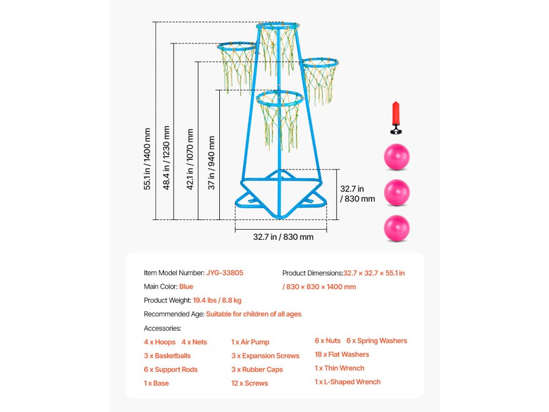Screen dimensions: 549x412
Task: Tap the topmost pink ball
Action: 396,157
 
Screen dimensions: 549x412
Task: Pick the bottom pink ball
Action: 396,228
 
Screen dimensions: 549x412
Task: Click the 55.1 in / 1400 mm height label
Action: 147,158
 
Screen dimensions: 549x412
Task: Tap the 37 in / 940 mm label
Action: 212,163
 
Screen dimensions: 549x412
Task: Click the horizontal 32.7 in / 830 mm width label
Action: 283,237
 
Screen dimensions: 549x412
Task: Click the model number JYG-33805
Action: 225,273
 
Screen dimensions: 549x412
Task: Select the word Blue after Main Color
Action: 186,286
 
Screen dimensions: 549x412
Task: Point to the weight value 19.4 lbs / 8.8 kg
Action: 217,300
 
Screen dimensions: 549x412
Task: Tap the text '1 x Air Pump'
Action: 250,342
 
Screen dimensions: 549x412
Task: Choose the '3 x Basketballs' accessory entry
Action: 167,356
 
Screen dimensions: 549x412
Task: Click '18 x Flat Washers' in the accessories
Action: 342,355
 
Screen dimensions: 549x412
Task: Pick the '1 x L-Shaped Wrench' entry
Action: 347,382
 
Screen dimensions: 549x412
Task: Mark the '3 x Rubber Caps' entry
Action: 257,370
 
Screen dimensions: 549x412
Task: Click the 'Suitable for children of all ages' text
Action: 254,314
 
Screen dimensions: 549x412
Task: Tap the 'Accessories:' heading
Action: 162,328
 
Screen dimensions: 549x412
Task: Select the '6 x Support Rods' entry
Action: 170,370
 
